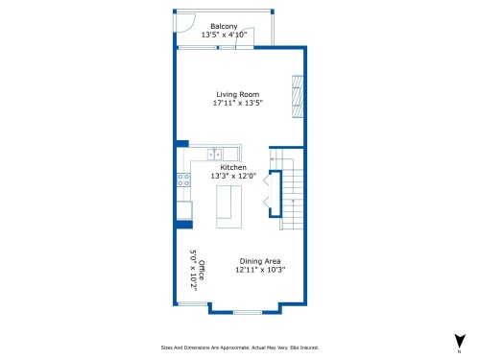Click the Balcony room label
pyautogui.click(x=224, y=26)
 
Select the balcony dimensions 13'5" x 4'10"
pyautogui.click(x=224, y=35)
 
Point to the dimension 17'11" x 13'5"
pyautogui.click(x=237, y=103)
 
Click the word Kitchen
pyautogui.click(x=233, y=167)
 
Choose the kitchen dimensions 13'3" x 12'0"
pyautogui.click(x=233, y=176)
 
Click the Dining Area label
pyautogui.click(x=259, y=261)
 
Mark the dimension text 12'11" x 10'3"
pyautogui.click(x=259, y=270)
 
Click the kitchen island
pyautogui.click(x=228, y=207)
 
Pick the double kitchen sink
pyautogui.click(x=216, y=153)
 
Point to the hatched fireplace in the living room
pyautogui.click(x=299, y=96)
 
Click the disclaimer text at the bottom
pyautogui.click(x=239, y=348)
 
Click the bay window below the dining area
pyautogui.click(x=247, y=312)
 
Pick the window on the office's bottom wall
pyautogui.click(x=192, y=304)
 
